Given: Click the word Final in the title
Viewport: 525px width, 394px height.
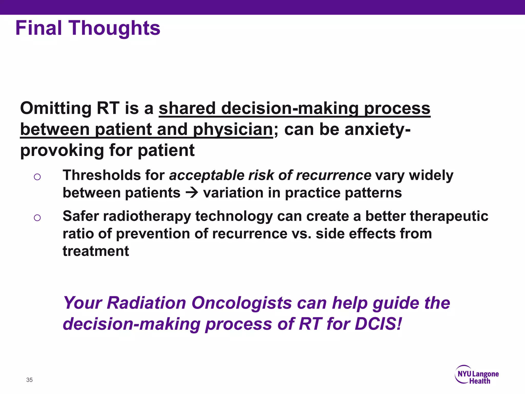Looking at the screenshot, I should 39,28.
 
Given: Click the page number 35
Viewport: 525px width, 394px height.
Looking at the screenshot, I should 29,380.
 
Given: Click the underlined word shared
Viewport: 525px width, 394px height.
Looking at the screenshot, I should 187,108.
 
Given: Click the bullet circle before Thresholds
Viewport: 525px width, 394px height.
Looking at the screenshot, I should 37,177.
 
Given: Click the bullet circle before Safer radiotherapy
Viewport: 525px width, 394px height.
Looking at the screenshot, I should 37,218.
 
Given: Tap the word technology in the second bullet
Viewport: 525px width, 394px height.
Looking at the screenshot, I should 234,216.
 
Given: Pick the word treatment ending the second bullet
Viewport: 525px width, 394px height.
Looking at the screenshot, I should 96,251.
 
